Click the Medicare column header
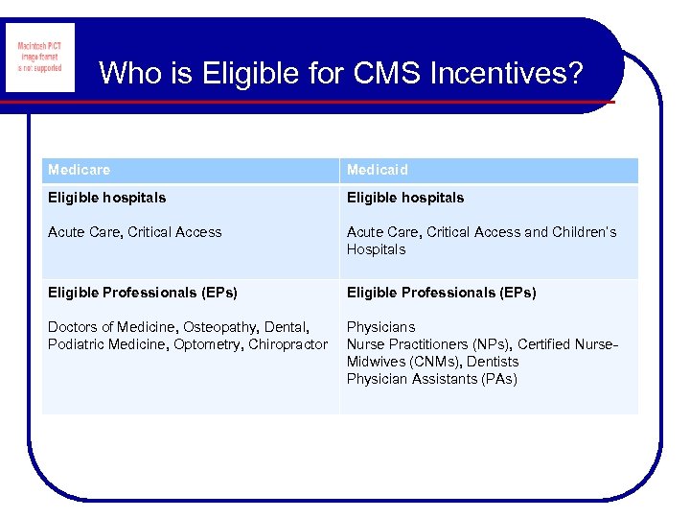pos(80,170)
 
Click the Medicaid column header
pos(377,170)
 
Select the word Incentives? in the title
pos(509,73)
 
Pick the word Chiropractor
pos(288,344)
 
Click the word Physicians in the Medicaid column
pos(381,327)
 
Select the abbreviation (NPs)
pos(490,344)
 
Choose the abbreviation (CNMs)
pos(435,362)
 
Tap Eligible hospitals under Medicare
pos(106,198)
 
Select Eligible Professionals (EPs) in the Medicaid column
pos(441,293)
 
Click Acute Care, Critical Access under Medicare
pos(134,232)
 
